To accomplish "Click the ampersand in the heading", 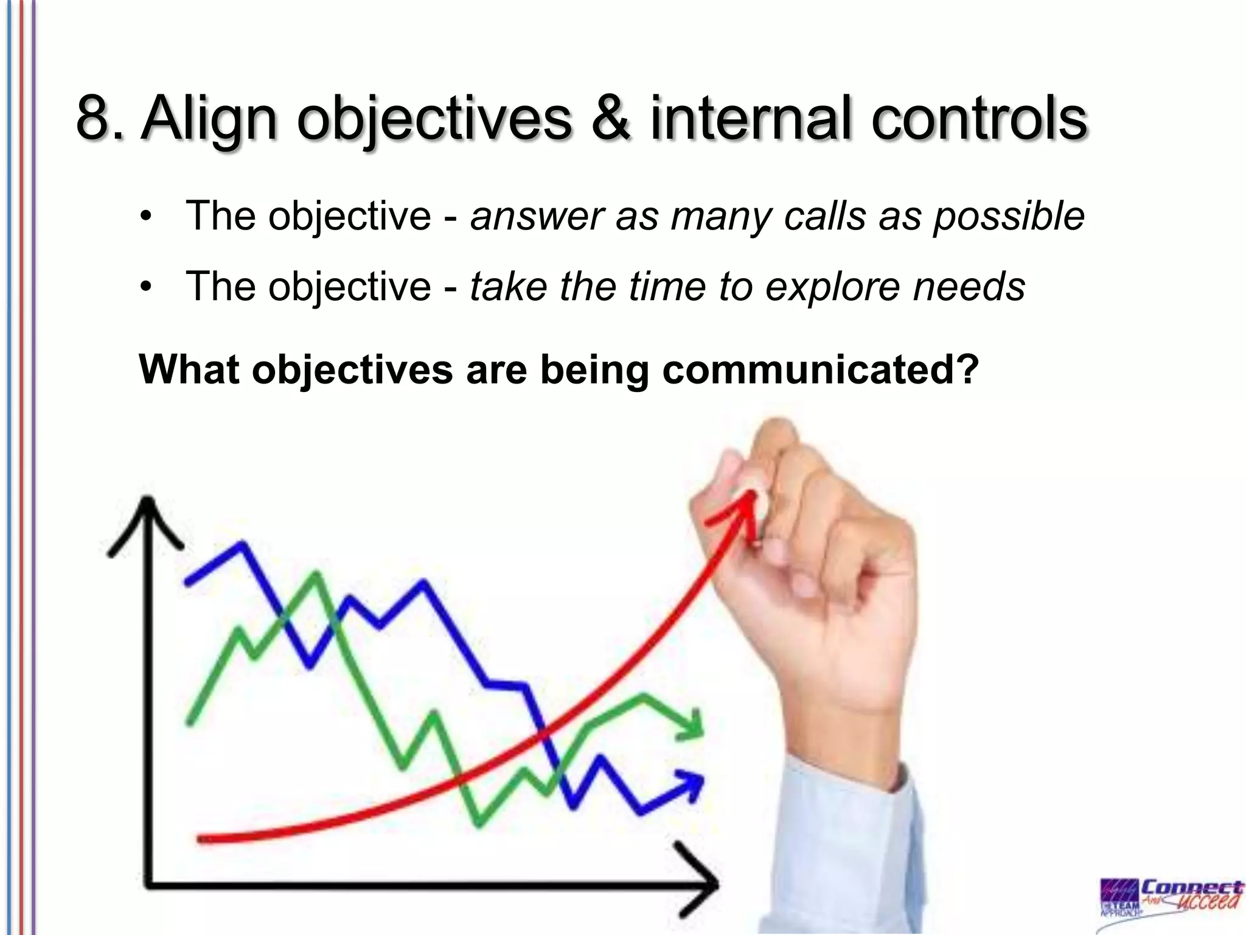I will [x=610, y=117].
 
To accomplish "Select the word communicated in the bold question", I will [x=820, y=369].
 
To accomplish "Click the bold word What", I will [x=188, y=369].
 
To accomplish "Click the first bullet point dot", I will [x=144, y=217].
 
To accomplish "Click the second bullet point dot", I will [x=144, y=287].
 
